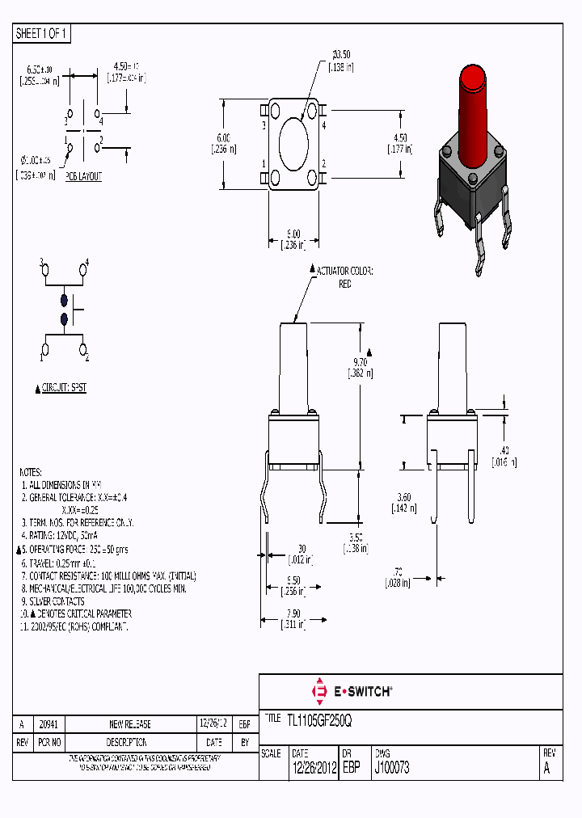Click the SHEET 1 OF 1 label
[x=43, y=33]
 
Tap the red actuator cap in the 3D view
[x=471, y=81]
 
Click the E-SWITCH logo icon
[x=318, y=692]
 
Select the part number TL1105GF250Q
[x=319, y=719]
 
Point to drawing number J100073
[x=392, y=768]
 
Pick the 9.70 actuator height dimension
[x=360, y=362]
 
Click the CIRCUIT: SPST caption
[x=65, y=388]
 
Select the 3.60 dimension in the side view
[x=405, y=498]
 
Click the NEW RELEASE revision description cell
[x=129, y=724]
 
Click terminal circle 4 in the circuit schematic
[x=82, y=270]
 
